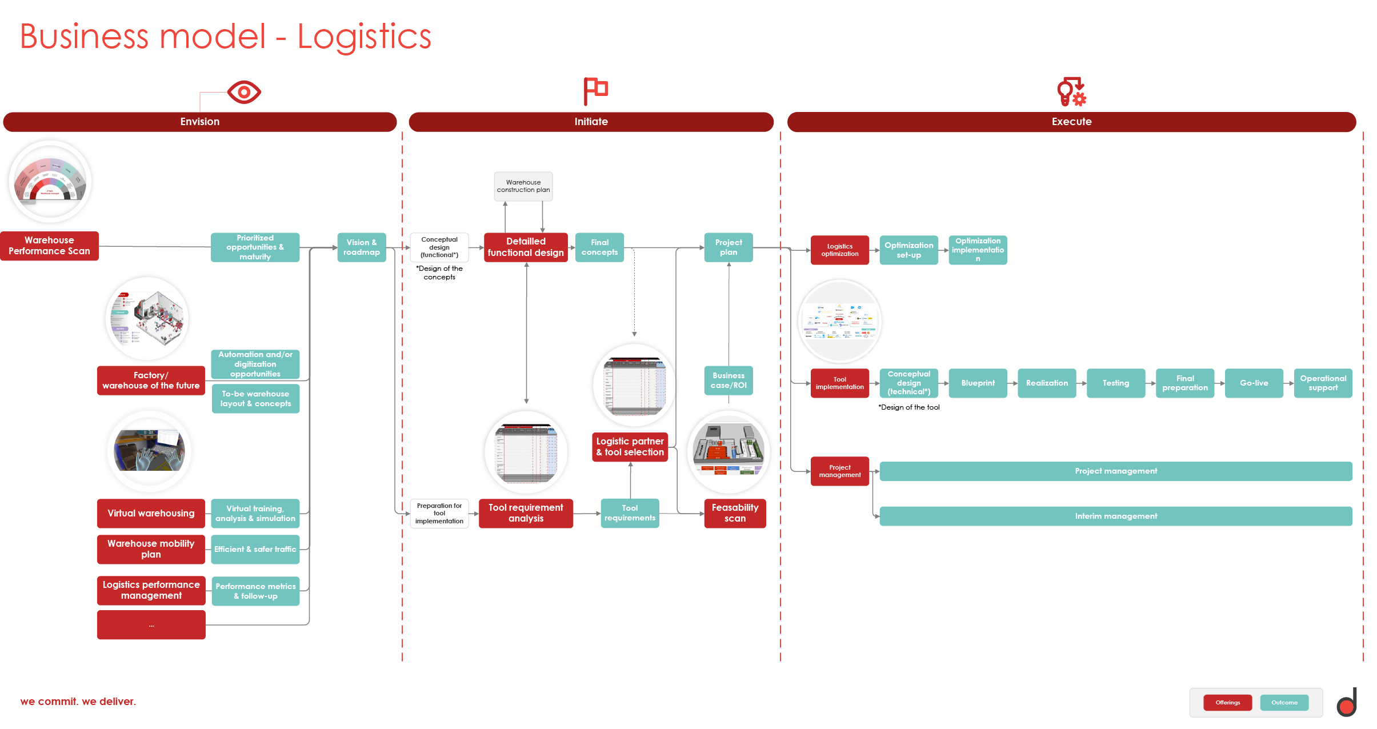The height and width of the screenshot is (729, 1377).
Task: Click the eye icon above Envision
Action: [x=244, y=92]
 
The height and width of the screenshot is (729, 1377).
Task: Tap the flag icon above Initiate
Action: [x=595, y=91]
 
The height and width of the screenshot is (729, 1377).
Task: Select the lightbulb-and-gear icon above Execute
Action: [x=1071, y=91]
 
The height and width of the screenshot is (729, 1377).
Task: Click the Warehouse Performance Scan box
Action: [x=49, y=246]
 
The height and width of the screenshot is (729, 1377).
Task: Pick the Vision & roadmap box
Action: [x=362, y=247]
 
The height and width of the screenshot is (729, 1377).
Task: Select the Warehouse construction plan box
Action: [x=523, y=186]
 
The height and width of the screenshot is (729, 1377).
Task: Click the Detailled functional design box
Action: [x=526, y=247]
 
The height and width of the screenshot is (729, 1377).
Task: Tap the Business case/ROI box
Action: [x=728, y=380]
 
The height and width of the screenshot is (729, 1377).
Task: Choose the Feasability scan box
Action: [x=735, y=513]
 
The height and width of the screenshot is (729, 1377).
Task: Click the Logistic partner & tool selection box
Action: [x=630, y=447]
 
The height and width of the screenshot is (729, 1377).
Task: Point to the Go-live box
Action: [x=1254, y=383]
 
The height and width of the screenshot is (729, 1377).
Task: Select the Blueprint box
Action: [x=978, y=383]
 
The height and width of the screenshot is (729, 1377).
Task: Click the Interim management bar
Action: [x=1115, y=516]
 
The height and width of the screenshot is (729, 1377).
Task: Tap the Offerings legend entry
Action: [x=1227, y=703]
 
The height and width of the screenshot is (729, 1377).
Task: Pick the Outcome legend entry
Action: [x=1284, y=703]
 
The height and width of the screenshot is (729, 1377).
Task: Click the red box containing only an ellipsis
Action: [x=151, y=625]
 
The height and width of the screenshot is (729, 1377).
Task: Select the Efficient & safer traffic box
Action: [x=255, y=550]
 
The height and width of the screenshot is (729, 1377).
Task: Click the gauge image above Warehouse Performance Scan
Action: [x=50, y=182]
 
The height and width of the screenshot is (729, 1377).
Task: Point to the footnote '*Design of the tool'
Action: [x=908, y=407]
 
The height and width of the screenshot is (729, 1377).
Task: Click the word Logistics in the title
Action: [x=364, y=37]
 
